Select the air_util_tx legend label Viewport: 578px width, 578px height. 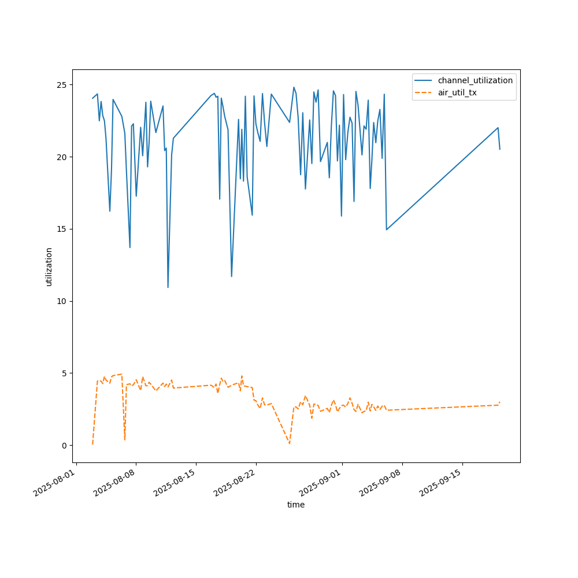coord(457,92)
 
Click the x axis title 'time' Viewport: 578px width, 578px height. coord(296,505)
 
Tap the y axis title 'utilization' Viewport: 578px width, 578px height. coord(49,266)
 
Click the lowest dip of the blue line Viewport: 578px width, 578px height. coord(168,287)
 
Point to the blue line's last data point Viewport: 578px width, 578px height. coord(500,149)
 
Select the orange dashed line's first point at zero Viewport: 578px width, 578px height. coord(92,444)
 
